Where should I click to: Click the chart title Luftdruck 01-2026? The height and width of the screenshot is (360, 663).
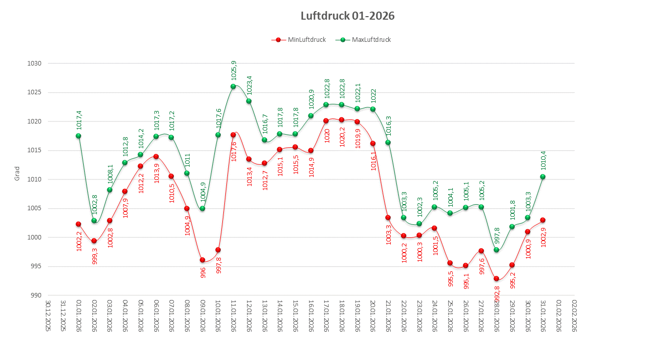click(x=347, y=16)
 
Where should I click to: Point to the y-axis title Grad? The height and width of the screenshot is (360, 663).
click(x=17, y=173)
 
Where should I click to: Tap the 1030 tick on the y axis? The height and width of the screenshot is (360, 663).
click(x=35, y=64)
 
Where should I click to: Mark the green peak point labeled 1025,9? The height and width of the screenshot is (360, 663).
click(x=233, y=86)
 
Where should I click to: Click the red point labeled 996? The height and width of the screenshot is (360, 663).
click(x=202, y=260)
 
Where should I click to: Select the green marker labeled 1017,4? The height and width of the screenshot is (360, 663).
click(x=78, y=136)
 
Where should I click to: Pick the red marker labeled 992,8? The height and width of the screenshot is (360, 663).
click(x=497, y=279)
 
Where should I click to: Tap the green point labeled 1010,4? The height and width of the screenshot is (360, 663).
click(x=543, y=176)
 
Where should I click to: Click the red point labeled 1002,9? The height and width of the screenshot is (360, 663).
click(x=543, y=220)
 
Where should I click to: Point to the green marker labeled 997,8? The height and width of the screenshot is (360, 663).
click(x=497, y=250)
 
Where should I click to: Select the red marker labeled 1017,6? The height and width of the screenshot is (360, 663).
click(x=233, y=135)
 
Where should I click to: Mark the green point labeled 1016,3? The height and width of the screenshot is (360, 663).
click(x=388, y=142)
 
